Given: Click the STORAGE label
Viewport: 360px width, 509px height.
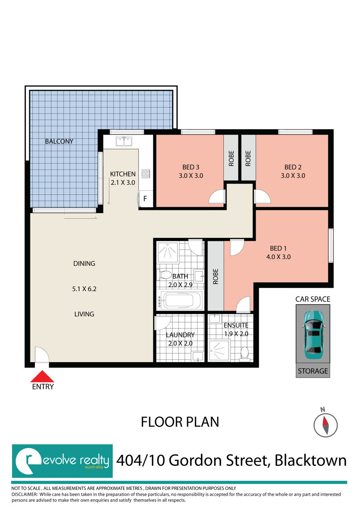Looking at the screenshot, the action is tap(313, 371).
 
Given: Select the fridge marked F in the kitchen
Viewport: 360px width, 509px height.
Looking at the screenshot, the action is tap(146, 199).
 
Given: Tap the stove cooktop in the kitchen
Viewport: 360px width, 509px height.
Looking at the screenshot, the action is tap(146, 174).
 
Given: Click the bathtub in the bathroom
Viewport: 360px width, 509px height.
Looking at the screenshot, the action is tap(181, 300).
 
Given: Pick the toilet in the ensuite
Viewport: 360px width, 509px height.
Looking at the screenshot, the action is tap(244, 354).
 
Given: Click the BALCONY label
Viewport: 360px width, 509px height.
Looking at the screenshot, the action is tap(59, 141).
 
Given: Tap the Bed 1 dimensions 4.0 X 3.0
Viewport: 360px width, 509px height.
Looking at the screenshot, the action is tap(278, 257).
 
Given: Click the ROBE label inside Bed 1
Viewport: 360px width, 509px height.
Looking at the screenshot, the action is tap(216, 276).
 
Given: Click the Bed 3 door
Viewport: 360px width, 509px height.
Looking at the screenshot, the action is tap(217, 197).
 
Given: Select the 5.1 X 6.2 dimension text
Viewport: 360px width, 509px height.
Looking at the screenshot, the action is tap(84, 289).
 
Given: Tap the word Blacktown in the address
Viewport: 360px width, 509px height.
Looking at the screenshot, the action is tap(310, 461).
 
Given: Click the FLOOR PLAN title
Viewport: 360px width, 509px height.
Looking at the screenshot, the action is tap(180, 422).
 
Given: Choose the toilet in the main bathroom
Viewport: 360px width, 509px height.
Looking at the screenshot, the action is tap(165, 275).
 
